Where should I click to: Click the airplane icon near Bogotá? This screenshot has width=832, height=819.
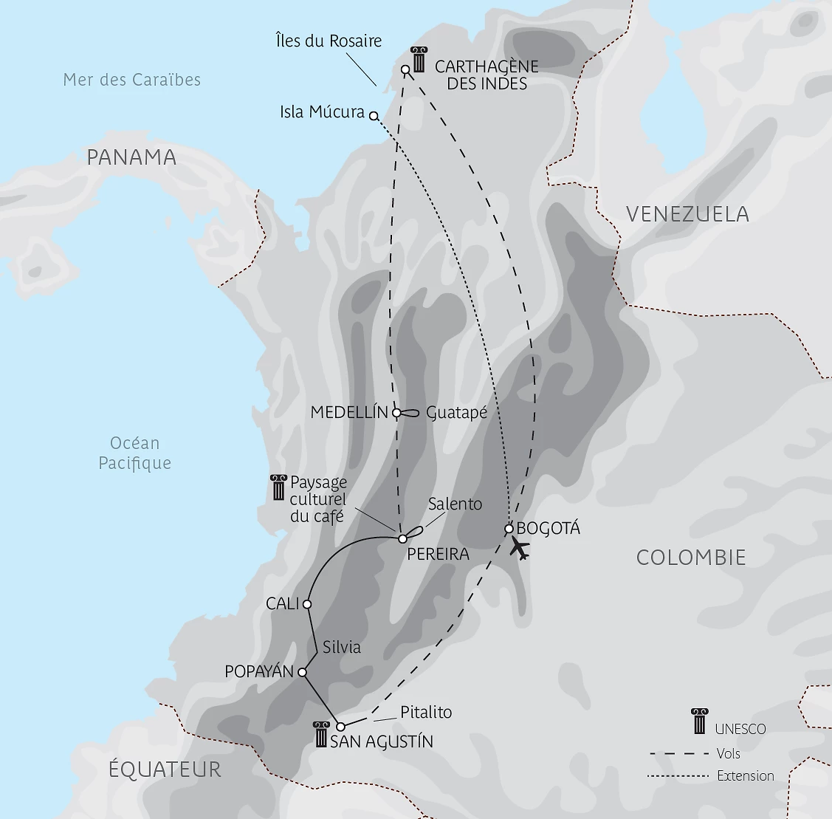coord(520,549)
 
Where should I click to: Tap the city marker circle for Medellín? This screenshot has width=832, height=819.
coord(396,413)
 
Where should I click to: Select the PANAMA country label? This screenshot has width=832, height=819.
coord(131,157)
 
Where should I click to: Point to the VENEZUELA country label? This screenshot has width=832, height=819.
coord(687,214)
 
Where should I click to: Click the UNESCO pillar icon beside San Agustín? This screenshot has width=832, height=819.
coord(320,734)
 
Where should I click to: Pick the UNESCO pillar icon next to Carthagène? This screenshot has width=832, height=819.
coord(419,60)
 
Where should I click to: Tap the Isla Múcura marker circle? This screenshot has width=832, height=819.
coord(374,116)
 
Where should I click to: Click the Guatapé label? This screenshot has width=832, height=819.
coord(457,413)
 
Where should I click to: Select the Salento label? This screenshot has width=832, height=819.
coord(455,504)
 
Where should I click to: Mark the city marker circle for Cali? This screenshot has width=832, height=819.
coord(307,604)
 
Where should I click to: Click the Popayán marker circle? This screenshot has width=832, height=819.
coord(302,672)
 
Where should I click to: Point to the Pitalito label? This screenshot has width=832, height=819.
coord(426,713)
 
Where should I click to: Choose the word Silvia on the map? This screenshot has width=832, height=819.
coord(342,647)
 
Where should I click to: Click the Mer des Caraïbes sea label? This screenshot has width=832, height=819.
coord(132,80)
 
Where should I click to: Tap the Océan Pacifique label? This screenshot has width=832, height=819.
coord(134,453)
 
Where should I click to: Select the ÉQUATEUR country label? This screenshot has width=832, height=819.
coord(165,769)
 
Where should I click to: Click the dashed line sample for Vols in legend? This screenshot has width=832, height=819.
coord(676,754)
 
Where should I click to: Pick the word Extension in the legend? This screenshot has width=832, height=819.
coord(746,775)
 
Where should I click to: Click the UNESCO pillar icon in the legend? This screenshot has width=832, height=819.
coord(698,722)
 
